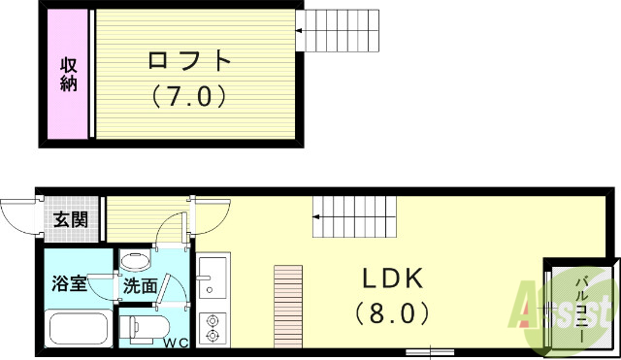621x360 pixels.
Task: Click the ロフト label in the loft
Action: point(190,61)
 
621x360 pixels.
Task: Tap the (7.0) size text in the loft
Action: point(190,96)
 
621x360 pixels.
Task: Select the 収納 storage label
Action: point(68,77)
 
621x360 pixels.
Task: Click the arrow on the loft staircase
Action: point(301,31)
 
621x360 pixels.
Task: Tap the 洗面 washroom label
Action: point(140,286)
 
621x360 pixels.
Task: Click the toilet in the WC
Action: point(143,326)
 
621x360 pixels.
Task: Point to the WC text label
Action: point(176,343)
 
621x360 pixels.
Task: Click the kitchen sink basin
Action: point(212,268)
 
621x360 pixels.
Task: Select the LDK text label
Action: point(394,279)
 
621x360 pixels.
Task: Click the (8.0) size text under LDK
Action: point(394,313)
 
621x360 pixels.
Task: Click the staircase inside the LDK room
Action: point(354,215)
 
